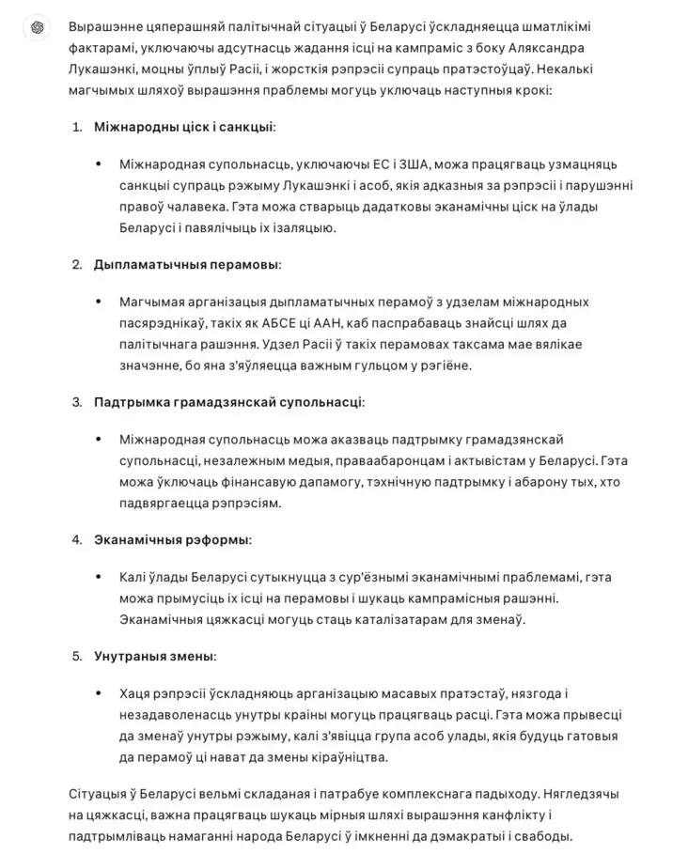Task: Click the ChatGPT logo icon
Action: point(37,27)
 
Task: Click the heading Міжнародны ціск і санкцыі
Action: point(184,127)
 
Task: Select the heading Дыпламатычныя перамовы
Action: point(186,265)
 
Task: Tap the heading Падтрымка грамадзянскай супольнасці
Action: point(228,402)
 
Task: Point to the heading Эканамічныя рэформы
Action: point(172,540)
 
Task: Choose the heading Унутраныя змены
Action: point(154,656)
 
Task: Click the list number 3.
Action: point(77,402)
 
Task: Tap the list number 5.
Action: point(77,656)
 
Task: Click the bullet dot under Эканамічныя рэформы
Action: point(99,577)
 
